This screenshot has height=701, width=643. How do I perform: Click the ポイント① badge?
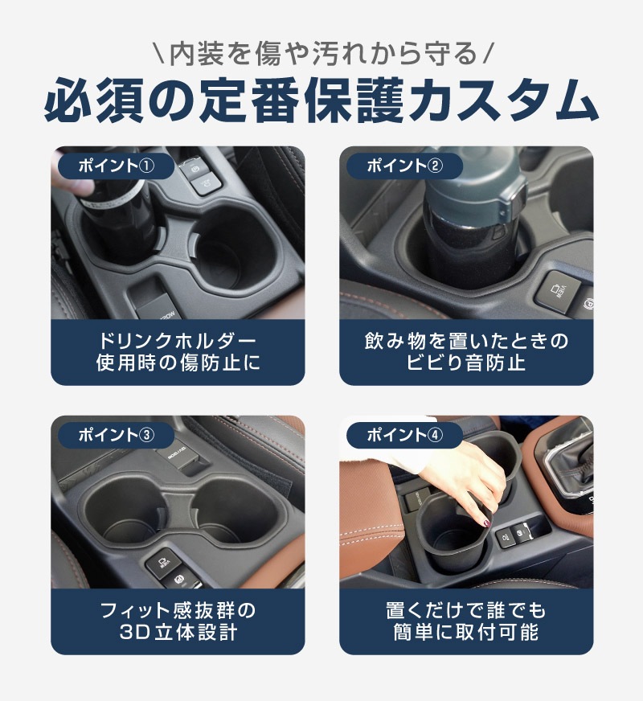coord(117,166)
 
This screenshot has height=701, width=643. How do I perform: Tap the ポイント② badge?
coord(404,166)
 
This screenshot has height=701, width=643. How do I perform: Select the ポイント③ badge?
coord(117,435)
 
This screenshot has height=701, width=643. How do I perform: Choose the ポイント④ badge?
coord(404,435)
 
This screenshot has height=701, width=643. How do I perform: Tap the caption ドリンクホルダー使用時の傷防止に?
coord(178,353)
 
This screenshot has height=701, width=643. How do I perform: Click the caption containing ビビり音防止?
coord(466,353)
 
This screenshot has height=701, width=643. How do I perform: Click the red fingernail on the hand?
coord(485,524)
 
